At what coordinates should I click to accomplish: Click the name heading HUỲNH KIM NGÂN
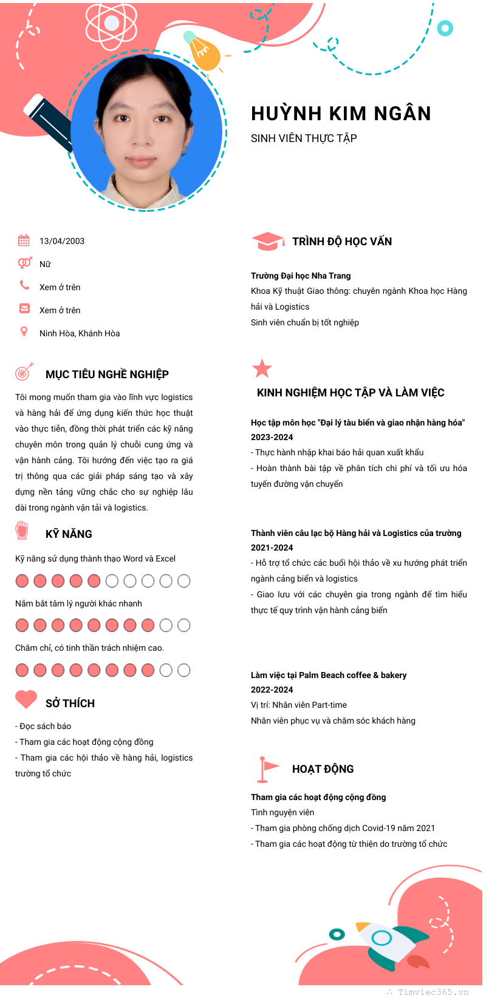[341, 114]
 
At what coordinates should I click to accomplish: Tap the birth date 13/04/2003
[62, 241]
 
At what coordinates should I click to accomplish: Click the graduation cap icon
[267, 241]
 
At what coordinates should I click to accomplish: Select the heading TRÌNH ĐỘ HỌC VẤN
[342, 242]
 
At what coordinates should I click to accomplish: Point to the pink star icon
[262, 368]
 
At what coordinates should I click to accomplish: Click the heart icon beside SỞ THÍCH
[26, 699]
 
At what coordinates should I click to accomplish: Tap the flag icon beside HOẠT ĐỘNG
[267, 769]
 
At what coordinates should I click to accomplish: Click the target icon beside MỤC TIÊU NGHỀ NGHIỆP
[24, 372]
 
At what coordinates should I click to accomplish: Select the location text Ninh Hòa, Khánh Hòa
[80, 333]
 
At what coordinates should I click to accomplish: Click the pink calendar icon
[24, 240]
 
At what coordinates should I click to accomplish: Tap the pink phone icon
[24, 285]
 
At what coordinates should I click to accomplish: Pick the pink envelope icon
[24, 308]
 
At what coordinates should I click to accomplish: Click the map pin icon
[24, 331]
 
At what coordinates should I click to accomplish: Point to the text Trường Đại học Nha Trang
[301, 276]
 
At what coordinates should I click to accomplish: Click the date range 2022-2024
[272, 690]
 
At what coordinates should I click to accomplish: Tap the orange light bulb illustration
[204, 52]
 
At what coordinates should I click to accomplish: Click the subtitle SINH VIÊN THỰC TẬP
[304, 138]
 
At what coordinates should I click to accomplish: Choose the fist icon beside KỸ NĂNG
[22, 530]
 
